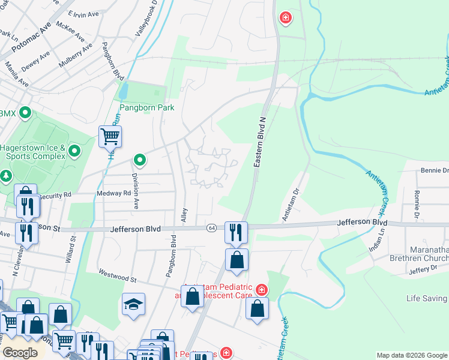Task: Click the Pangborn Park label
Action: pos(146,108)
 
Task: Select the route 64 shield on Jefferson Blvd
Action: pos(211,229)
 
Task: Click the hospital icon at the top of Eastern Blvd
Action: pos(285,18)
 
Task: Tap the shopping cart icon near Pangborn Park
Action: pos(110,136)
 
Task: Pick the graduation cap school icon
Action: pos(133,304)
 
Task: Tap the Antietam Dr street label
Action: pos(291,205)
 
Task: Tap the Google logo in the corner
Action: pos(20,353)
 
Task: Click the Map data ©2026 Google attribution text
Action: pos(412,355)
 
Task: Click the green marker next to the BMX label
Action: pos(25,112)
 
